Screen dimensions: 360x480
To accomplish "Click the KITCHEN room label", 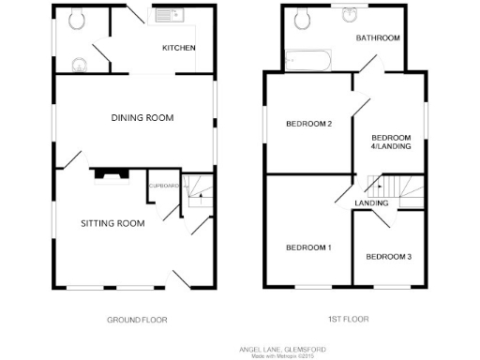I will pyautogui.click(x=178, y=48).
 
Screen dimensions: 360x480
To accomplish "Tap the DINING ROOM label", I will pyautogui.click(x=144, y=117).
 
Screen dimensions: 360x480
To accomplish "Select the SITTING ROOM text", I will pyautogui.click(x=112, y=223).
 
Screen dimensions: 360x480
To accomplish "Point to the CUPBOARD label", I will pyautogui.click(x=164, y=186).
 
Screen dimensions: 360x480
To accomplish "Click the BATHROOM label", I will pyautogui.click(x=378, y=38).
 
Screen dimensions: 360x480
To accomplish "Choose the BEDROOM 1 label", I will pyautogui.click(x=308, y=247).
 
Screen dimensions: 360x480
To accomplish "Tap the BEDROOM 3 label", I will pyautogui.click(x=388, y=257).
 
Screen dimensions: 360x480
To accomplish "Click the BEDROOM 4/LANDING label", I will pyautogui.click(x=392, y=141).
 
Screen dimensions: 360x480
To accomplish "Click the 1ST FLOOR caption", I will pyautogui.click(x=349, y=320).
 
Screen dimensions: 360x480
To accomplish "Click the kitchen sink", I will pyautogui.click(x=168, y=16).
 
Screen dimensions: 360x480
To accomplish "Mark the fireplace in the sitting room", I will pyautogui.click(x=112, y=173).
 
